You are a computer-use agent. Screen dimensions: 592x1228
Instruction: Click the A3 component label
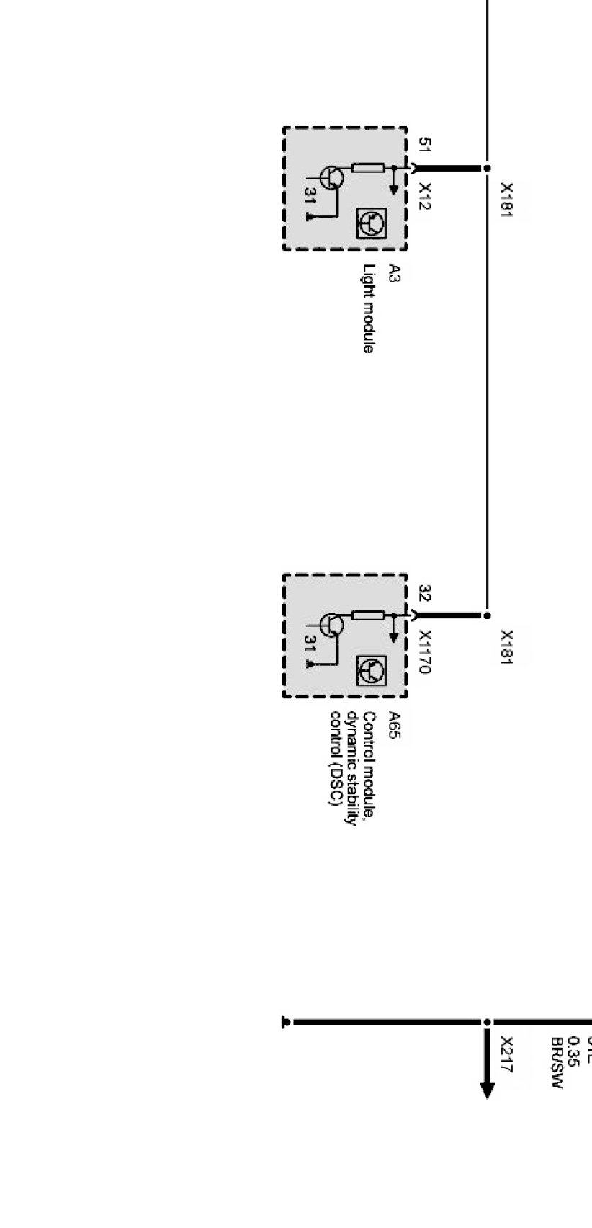pyautogui.click(x=394, y=273)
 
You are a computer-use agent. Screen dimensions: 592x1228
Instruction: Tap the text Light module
pyautogui.click(x=369, y=308)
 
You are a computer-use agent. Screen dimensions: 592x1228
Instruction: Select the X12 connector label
pyautogui.click(x=425, y=196)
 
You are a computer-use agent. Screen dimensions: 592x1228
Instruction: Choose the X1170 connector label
pyautogui.click(x=425, y=651)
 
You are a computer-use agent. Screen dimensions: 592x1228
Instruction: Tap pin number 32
pyautogui.click(x=425, y=594)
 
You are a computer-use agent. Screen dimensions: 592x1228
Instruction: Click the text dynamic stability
pyautogui.click(x=352, y=768)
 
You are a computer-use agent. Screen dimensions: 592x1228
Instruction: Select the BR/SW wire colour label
pyautogui.click(x=555, y=1063)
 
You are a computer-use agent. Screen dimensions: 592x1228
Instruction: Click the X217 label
pyautogui.click(x=506, y=1054)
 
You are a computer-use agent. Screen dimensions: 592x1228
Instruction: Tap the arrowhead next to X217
pyautogui.click(x=487, y=1088)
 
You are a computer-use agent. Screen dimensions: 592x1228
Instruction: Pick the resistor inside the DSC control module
pyautogui.click(x=368, y=615)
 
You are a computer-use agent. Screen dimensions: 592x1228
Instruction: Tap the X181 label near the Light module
pyautogui.click(x=506, y=200)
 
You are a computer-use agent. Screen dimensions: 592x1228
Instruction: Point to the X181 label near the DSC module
pyautogui.click(x=506, y=648)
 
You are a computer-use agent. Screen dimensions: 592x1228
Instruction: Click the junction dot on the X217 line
pyautogui.click(x=487, y=1022)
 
